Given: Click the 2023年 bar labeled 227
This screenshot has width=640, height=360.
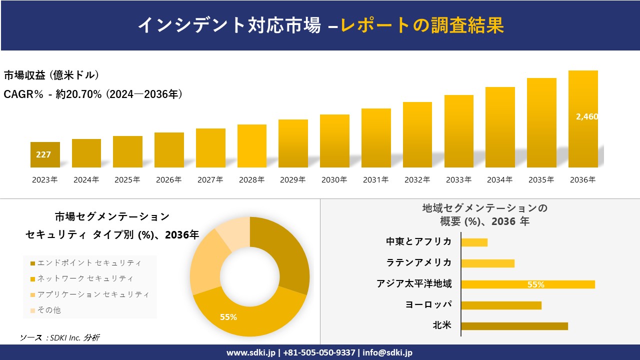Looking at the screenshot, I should click(x=45, y=154).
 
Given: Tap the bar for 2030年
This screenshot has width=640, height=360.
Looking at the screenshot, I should click(x=334, y=141).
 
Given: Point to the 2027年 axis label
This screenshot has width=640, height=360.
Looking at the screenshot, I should click(x=210, y=180).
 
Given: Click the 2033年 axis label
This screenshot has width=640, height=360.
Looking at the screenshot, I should click(x=458, y=180).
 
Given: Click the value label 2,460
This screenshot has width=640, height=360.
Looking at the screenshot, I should click(x=586, y=116).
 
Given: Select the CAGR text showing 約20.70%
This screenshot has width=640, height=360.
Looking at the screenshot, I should click(x=93, y=94).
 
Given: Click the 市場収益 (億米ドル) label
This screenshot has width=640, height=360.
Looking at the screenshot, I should click(x=51, y=75).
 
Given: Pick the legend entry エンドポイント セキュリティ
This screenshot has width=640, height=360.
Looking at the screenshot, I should click(x=89, y=263).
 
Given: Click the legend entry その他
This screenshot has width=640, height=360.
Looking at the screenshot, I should click(x=48, y=310).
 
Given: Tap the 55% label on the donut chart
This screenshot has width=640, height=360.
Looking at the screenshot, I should click(x=228, y=317).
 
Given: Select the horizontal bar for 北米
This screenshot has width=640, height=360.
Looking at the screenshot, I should click(x=514, y=326).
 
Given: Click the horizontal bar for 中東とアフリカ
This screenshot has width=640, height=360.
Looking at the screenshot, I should click(x=474, y=242).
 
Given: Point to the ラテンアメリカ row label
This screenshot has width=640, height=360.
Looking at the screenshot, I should click(x=418, y=262).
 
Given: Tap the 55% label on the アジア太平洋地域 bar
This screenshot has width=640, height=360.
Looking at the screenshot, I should click(x=535, y=284).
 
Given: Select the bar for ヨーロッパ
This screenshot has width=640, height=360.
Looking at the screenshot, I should click(x=501, y=305).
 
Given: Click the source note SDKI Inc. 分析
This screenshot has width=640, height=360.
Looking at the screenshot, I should click(x=60, y=338).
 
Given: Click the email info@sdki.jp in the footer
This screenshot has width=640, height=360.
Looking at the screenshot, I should click(x=387, y=352).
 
